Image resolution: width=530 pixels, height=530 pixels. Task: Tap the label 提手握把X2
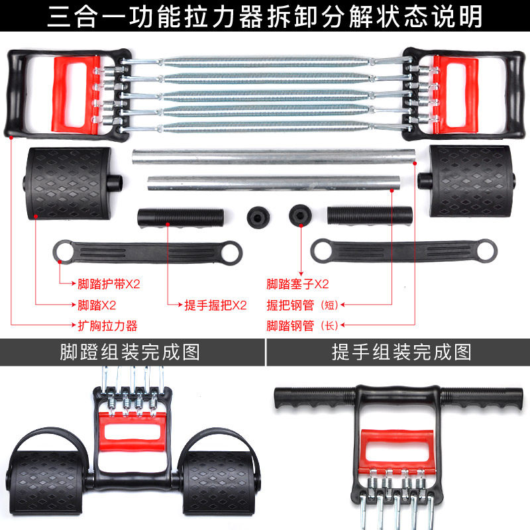coord(215,305)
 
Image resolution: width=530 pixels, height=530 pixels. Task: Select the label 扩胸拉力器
coord(107,326)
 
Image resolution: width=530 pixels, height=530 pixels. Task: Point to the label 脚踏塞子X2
coord(297,285)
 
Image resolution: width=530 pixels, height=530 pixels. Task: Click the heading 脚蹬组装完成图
coord(130,352)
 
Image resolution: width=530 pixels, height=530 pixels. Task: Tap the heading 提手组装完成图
coord(401,352)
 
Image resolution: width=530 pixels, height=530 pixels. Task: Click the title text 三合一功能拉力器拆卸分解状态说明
coord(265,17)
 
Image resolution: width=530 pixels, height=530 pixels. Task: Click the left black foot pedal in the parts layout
coord(68,184)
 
